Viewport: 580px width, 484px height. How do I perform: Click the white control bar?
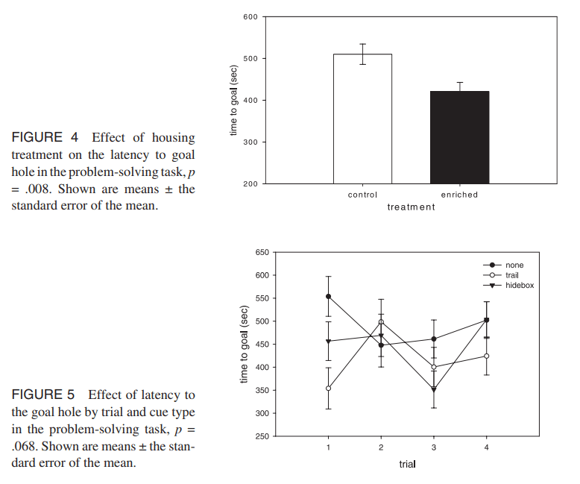pyautogui.click(x=362, y=119)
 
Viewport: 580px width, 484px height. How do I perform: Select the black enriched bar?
pyautogui.click(x=459, y=137)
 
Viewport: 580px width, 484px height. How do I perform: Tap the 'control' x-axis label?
pyautogui.click(x=362, y=195)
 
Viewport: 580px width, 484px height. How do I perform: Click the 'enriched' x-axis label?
pyautogui.click(x=459, y=195)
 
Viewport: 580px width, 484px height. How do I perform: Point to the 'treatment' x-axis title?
pyautogui.click(x=411, y=207)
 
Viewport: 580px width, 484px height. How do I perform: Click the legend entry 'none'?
pyautogui.click(x=514, y=265)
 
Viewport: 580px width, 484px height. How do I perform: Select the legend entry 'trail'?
pyautogui.click(x=513, y=275)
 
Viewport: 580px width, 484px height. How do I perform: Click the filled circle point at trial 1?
pyautogui.click(x=328, y=296)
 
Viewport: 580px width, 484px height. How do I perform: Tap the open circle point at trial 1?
pyautogui.click(x=328, y=388)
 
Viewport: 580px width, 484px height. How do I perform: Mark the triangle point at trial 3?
pyautogui.click(x=434, y=389)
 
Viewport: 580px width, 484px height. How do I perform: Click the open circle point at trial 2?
pyautogui.click(x=381, y=321)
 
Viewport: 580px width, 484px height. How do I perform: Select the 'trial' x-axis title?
pyautogui.click(x=406, y=464)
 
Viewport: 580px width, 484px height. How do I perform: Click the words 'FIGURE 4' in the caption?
pyautogui.click(x=37, y=138)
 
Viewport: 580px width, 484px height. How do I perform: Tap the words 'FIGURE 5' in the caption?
pyautogui.click(x=37, y=395)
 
